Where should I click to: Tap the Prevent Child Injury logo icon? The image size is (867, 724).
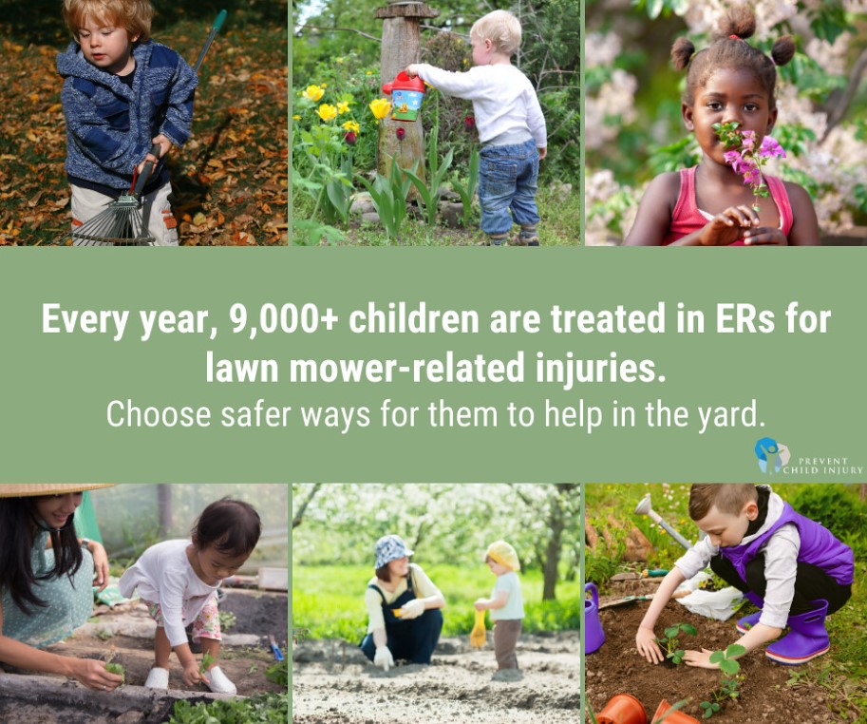tap(771, 456)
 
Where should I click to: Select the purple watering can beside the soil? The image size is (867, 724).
tap(594, 619)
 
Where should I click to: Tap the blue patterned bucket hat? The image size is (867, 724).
tap(392, 550)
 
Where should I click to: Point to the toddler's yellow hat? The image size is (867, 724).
tap(503, 554)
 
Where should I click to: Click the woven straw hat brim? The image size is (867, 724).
tap(52, 489)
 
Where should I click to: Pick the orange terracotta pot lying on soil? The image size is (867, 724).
tap(622, 710)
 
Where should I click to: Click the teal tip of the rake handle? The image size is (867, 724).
tap(219, 19)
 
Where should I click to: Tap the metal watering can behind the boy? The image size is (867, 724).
tap(662, 521)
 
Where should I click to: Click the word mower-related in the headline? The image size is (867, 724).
tap(407, 368)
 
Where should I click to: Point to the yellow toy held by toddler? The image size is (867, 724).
tap(479, 628)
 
